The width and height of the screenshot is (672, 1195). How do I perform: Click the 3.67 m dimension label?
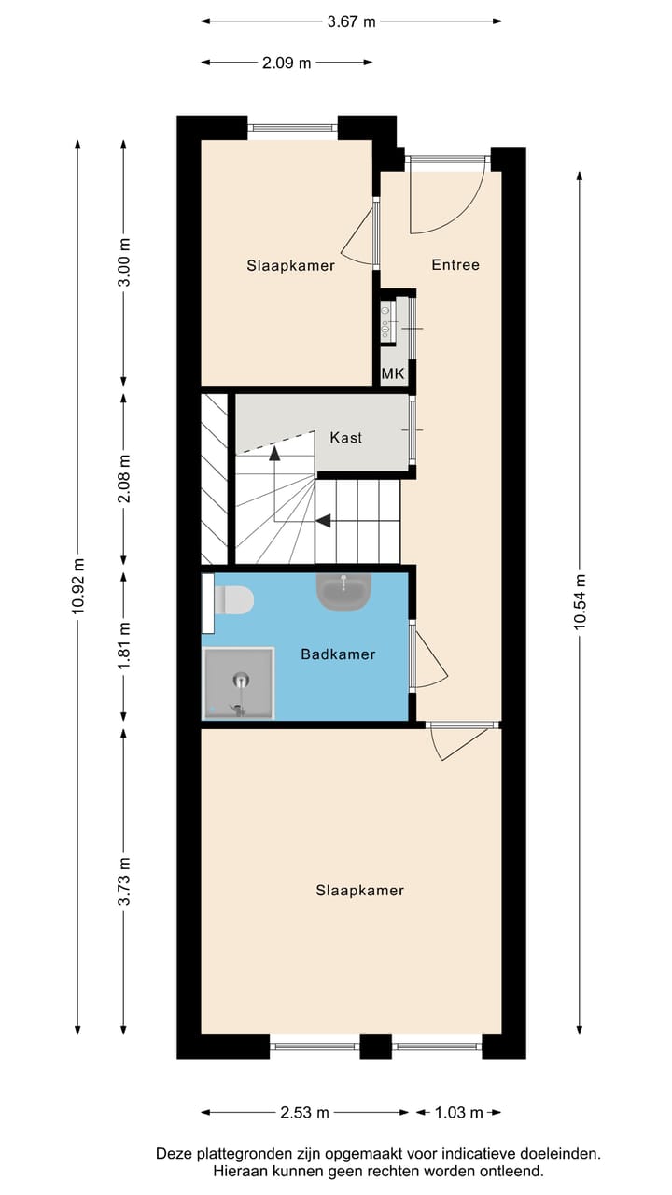[351, 22]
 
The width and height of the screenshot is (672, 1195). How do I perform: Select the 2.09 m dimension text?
[286, 63]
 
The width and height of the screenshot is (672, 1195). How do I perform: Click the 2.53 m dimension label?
[304, 1112]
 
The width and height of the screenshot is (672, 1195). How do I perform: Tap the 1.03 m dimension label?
[459, 1112]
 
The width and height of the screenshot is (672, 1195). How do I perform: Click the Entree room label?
[455, 265]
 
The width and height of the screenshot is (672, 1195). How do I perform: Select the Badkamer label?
[338, 654]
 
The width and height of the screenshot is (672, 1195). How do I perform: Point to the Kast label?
[345, 438]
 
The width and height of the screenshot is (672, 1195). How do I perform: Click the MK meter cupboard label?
[393, 374]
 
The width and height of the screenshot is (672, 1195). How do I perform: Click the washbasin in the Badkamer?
[344, 591]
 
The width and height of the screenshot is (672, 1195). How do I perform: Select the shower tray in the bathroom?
[239, 683]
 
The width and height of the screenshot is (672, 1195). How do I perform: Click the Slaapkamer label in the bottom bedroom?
[359, 891]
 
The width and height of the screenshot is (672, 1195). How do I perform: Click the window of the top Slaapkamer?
[292, 127]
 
